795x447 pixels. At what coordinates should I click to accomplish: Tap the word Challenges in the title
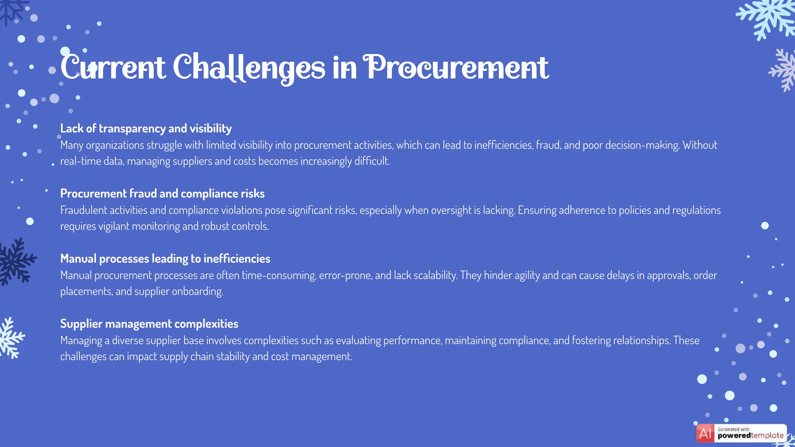248,68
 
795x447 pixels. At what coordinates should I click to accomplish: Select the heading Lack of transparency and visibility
146,128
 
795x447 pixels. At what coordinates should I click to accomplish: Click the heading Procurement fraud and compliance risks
162,194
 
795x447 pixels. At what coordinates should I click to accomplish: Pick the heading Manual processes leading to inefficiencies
165,259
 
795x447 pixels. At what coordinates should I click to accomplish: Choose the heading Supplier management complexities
149,324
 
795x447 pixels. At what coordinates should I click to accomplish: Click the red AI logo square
705,433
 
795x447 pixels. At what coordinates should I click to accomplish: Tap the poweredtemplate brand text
750,436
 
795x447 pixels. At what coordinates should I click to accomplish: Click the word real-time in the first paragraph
80,161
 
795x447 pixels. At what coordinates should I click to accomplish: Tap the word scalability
436,275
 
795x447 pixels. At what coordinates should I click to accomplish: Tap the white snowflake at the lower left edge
11,338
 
